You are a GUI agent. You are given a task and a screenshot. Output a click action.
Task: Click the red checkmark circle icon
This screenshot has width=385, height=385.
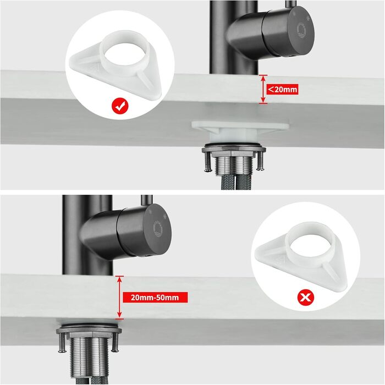coord(120,106)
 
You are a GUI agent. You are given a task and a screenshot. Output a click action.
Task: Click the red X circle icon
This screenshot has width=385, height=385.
coord(305,298)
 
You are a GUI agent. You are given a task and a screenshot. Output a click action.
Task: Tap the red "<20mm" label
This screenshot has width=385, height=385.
coord(282,89)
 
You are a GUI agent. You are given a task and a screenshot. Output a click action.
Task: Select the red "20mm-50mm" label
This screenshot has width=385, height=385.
coord(155,298)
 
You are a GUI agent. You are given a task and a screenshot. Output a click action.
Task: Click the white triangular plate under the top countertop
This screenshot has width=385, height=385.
coord(240,127)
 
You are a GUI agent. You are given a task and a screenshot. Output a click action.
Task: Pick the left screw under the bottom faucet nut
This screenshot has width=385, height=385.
coord(62,343)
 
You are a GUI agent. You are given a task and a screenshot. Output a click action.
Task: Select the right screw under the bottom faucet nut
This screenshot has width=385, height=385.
coord(115,342)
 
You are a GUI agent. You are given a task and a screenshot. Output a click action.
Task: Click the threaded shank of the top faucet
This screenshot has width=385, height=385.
coord(234,166)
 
